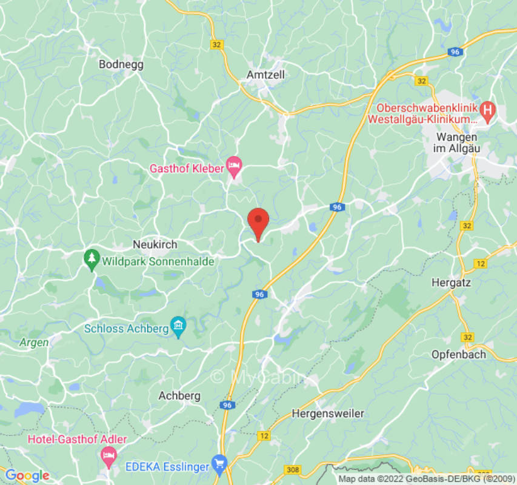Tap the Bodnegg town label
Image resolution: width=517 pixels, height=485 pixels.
coord(121,64)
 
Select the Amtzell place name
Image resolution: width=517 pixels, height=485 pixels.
coord(265,75)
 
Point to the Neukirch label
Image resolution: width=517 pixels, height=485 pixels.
coord(155,245)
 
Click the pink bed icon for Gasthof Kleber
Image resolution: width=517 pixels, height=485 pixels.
coord(234,164)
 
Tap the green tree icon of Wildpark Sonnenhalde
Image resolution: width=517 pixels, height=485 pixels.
coord(92,257)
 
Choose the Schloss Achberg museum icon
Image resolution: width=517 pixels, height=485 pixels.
coord(178,328)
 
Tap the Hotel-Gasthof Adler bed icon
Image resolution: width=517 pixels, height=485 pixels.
coord(108,454)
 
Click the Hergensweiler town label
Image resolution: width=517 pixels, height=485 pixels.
coord(328,414)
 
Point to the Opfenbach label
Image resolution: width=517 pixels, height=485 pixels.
coord(458,354)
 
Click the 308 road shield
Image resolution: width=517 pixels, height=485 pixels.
coord(292,470)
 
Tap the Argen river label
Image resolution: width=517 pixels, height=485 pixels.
coord(34,343)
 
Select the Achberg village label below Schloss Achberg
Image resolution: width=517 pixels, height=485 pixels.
coord(179,396)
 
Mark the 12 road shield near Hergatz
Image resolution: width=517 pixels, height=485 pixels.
coord(481,264)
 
